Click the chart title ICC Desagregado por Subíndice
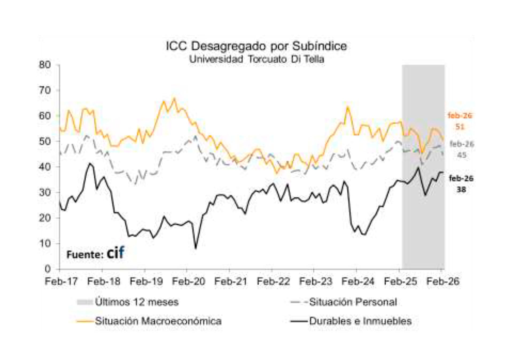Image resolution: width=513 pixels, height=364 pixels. (256, 46)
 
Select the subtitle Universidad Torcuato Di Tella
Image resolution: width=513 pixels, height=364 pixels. (256, 59)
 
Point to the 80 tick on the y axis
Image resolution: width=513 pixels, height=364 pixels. (45, 65)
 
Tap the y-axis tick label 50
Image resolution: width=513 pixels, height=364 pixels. (45, 141)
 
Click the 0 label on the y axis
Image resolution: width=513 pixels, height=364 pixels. (48, 269)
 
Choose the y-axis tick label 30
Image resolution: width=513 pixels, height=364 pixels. (45, 192)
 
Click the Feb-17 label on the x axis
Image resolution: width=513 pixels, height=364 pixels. (61, 281)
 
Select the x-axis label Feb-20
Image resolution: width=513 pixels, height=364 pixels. (188, 281)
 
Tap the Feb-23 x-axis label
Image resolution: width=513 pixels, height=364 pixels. (316, 281)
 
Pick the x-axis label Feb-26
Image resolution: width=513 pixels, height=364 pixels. (443, 281)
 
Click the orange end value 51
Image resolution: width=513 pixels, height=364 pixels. (460, 127)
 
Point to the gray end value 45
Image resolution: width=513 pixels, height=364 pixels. (461, 155)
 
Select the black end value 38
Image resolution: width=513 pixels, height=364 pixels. (461, 189)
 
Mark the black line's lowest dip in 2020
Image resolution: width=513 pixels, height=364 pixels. (196, 248)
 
